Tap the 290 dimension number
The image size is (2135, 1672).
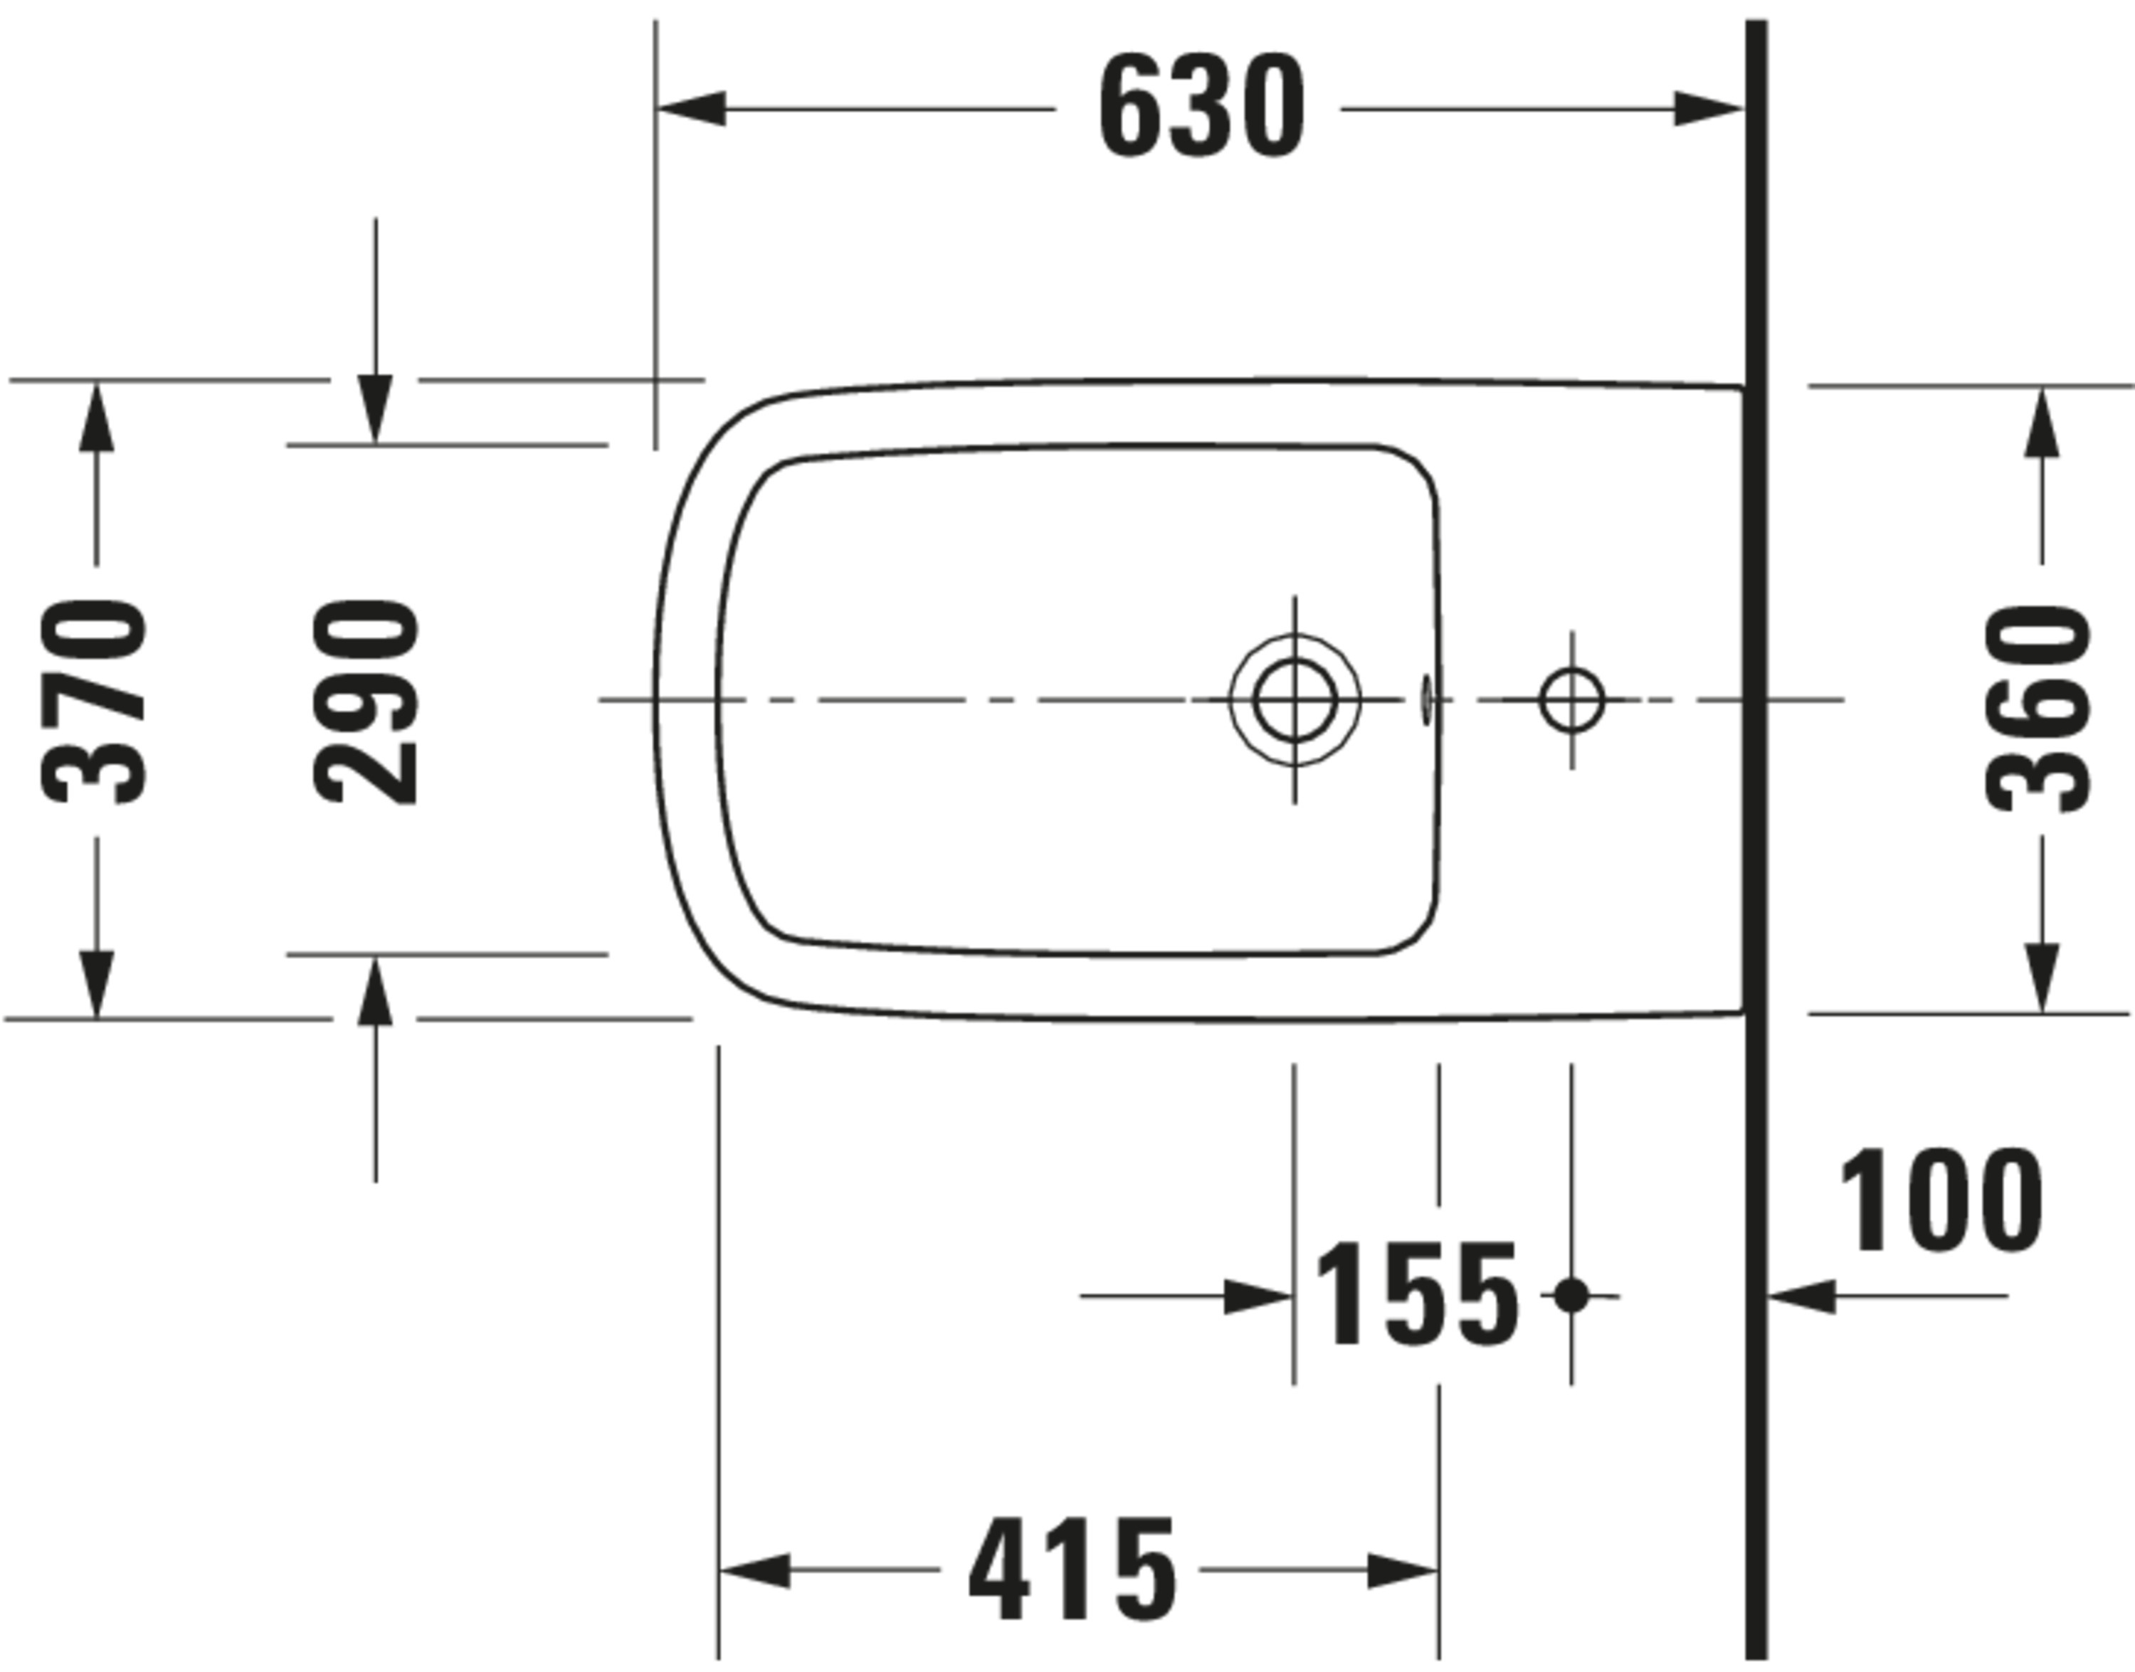[367, 702]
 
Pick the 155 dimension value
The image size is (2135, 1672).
[1416, 1294]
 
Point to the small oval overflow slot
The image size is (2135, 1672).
[1426, 699]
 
